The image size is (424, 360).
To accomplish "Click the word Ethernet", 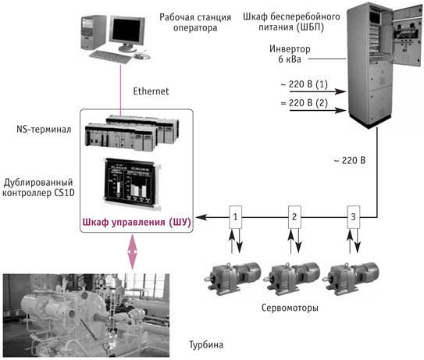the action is [x=151, y=91].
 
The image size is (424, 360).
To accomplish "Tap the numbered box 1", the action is [x=235, y=217].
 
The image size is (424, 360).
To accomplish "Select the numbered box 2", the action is [x=294, y=217].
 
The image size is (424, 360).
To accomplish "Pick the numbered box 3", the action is [x=353, y=217].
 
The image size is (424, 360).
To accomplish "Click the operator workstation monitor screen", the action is [x=126, y=30].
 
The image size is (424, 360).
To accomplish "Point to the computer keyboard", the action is [x=110, y=56].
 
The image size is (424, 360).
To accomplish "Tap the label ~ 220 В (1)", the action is [x=305, y=84].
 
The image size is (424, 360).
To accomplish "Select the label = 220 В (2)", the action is [x=305, y=103].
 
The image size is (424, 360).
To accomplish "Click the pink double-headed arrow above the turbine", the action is [x=133, y=251].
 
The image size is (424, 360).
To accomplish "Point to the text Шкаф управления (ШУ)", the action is [x=137, y=223].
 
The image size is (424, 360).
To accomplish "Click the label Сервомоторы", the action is [x=290, y=308].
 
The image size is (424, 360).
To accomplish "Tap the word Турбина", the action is [x=206, y=345].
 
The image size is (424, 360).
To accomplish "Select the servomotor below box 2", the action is [x=291, y=279].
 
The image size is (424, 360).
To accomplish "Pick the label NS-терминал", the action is [x=44, y=130].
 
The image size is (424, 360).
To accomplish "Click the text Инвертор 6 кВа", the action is [x=290, y=54].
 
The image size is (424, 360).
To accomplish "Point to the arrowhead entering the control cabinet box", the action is [x=201, y=217].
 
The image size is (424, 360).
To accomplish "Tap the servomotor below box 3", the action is [x=351, y=279].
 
